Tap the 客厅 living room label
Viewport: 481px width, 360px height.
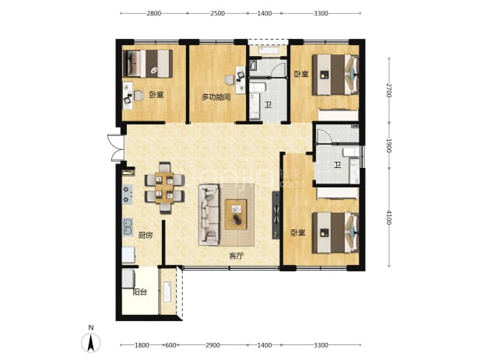point(236,256)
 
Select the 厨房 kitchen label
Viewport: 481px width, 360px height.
point(146,236)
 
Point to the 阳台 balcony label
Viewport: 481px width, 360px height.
point(139,292)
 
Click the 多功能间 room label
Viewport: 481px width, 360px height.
point(216,97)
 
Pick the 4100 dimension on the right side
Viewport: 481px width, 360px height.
point(388,217)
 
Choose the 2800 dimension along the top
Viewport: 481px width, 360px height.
point(153,13)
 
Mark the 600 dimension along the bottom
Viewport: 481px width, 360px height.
point(170,345)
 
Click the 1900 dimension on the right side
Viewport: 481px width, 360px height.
point(388,145)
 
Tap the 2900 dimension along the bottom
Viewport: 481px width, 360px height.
point(212,345)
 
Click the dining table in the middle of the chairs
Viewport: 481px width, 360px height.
point(164,188)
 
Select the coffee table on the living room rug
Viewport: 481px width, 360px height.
point(236,215)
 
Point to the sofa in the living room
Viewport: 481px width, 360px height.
point(209,215)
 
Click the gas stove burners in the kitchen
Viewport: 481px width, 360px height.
point(128,194)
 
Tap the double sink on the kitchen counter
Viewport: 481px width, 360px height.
point(128,227)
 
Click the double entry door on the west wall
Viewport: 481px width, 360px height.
point(116,148)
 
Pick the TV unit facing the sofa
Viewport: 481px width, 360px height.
point(276,215)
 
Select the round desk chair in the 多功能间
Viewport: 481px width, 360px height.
point(229,80)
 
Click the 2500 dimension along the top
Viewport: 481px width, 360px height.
point(217,13)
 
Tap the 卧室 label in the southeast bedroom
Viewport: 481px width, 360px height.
point(298,232)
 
